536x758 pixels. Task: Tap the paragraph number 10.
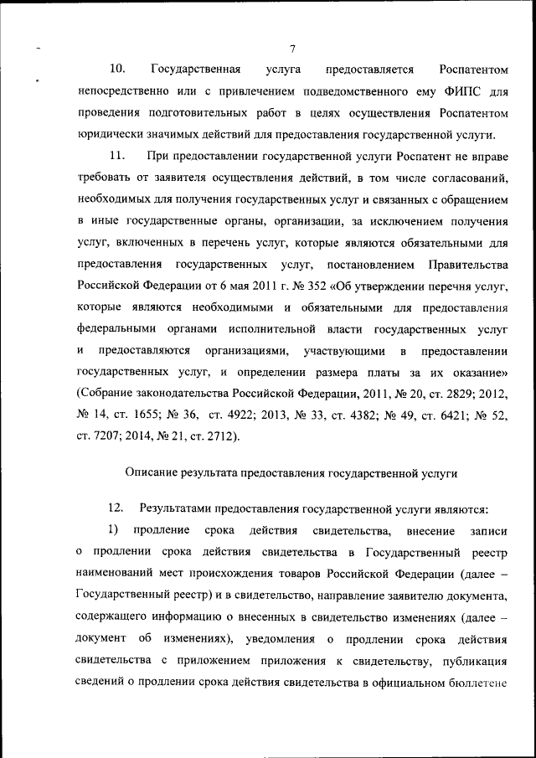117,69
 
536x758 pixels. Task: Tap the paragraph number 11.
117,156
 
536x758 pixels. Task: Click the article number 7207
110,436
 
